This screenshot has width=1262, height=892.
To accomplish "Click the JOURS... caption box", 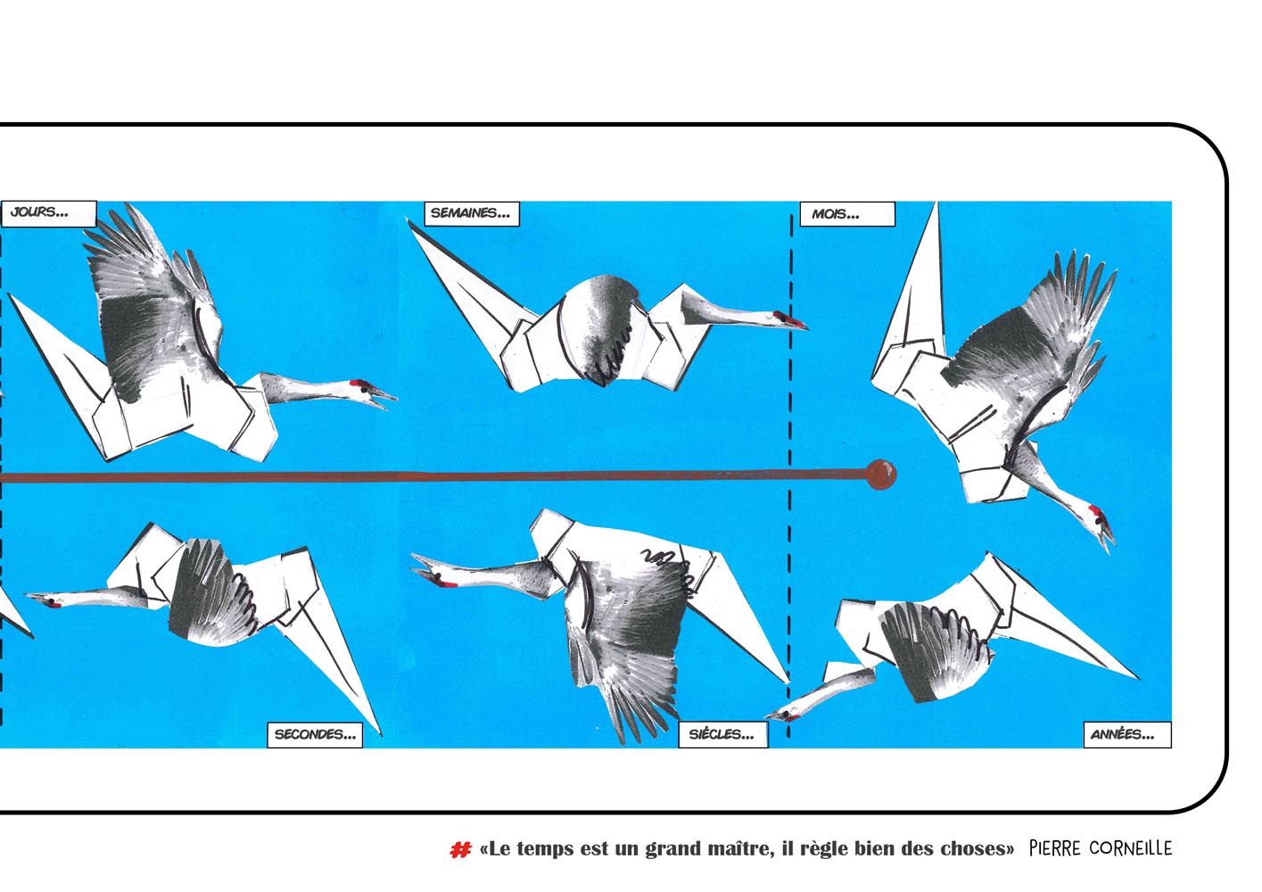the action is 48,213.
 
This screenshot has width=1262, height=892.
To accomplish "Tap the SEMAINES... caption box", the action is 472,213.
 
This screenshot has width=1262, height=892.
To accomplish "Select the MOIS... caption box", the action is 847,214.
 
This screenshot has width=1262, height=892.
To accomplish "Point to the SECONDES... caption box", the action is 315,735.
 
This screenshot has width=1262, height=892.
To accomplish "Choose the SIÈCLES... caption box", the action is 722,735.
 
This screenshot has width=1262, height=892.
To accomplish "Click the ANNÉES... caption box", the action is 1127,735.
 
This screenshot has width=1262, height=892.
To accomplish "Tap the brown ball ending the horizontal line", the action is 881,475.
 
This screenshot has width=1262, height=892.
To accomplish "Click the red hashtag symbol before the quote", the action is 460,849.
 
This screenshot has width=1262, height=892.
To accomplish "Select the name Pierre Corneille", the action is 1101,848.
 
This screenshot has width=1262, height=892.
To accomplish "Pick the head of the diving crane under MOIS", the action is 1100,523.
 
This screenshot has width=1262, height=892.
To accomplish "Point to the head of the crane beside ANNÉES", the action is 786,715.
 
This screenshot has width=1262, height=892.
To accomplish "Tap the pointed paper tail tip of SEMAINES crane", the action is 408,221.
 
